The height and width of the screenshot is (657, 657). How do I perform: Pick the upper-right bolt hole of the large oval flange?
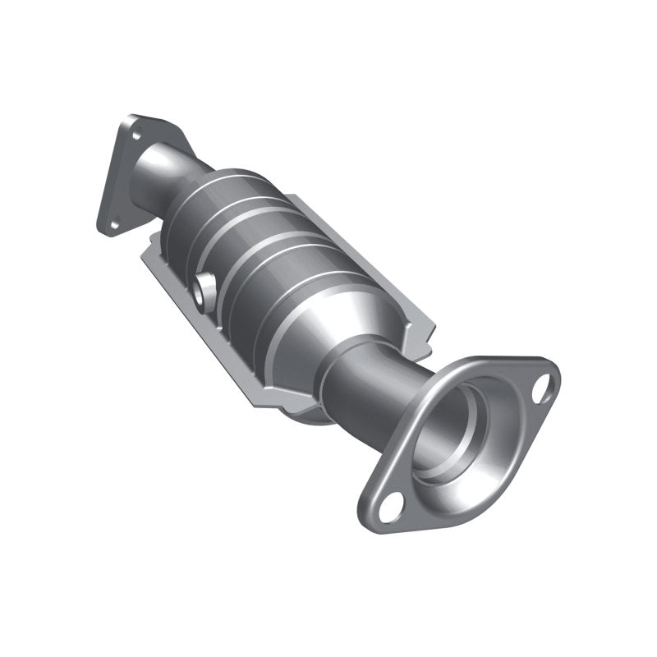[x=541, y=392]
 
